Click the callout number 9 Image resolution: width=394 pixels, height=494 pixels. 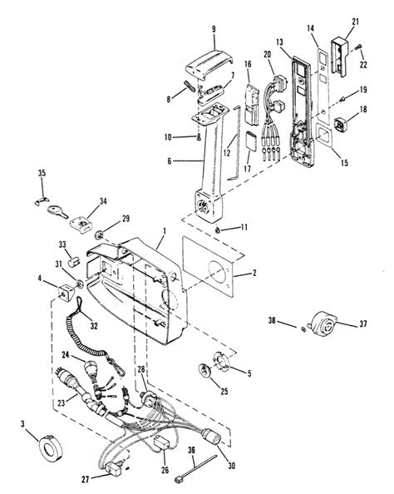pos(213,29)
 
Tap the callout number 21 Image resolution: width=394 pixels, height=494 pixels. pos(354,22)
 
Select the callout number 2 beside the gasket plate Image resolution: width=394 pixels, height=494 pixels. pos(239,271)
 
